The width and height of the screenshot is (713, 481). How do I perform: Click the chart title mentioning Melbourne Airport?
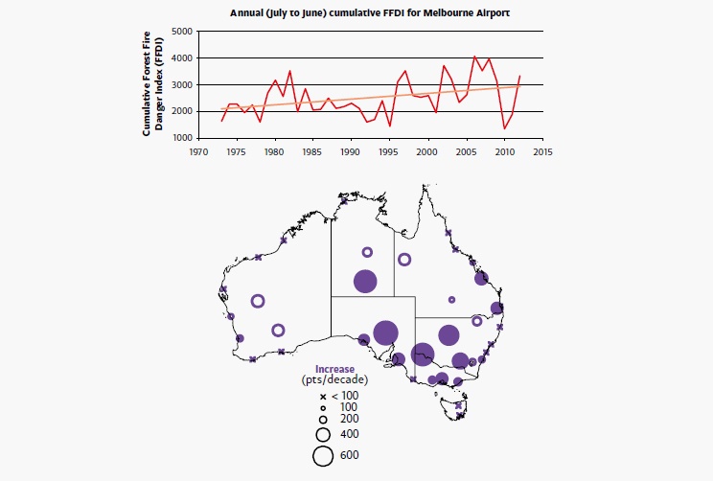point(371,13)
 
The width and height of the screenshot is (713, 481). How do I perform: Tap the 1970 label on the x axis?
point(198,151)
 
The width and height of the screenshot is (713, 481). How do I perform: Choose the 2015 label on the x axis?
point(542,151)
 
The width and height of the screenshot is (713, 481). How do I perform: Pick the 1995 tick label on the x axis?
point(389,151)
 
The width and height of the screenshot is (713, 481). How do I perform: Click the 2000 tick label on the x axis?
point(427,151)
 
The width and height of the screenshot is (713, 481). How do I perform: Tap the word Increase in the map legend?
point(335,369)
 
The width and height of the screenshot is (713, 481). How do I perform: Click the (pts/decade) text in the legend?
point(335,380)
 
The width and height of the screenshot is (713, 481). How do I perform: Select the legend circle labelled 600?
point(323,456)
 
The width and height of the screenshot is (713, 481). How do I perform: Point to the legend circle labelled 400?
point(323,435)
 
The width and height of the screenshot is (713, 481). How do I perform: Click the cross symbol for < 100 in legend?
point(323,396)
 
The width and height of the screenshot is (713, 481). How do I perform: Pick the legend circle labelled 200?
point(323,420)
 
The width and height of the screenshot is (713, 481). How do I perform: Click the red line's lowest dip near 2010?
point(504,128)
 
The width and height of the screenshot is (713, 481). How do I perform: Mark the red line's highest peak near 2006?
point(474,57)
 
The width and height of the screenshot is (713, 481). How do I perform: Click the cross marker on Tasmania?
point(461,415)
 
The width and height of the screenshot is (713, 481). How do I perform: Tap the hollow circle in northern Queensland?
point(404,259)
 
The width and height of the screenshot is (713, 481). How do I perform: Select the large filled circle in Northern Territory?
point(365,282)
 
